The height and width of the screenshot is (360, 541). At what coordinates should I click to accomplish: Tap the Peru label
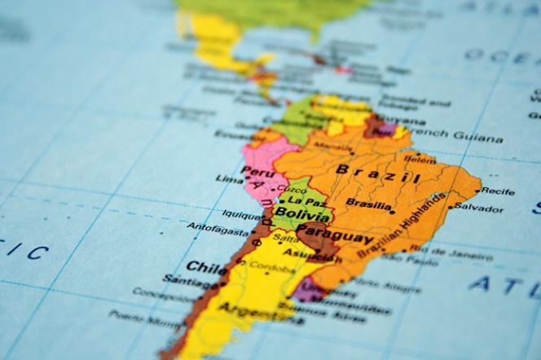click(257, 172)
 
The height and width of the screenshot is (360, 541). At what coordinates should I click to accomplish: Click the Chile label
click(207, 266)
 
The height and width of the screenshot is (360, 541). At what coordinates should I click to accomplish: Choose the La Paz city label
click(306, 200)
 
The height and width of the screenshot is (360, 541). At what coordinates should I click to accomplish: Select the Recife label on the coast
click(498, 191)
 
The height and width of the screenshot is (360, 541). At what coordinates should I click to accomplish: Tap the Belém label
click(420, 160)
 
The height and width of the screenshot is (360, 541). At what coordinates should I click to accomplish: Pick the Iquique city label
click(242, 216)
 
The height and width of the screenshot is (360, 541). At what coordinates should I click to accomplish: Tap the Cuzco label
click(292, 189)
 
